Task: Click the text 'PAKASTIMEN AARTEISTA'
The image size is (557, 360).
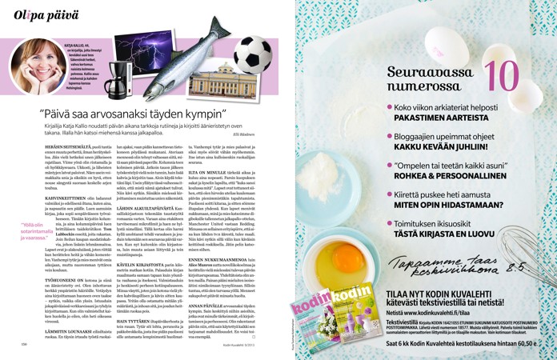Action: pyautogui.click(x=453, y=118)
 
